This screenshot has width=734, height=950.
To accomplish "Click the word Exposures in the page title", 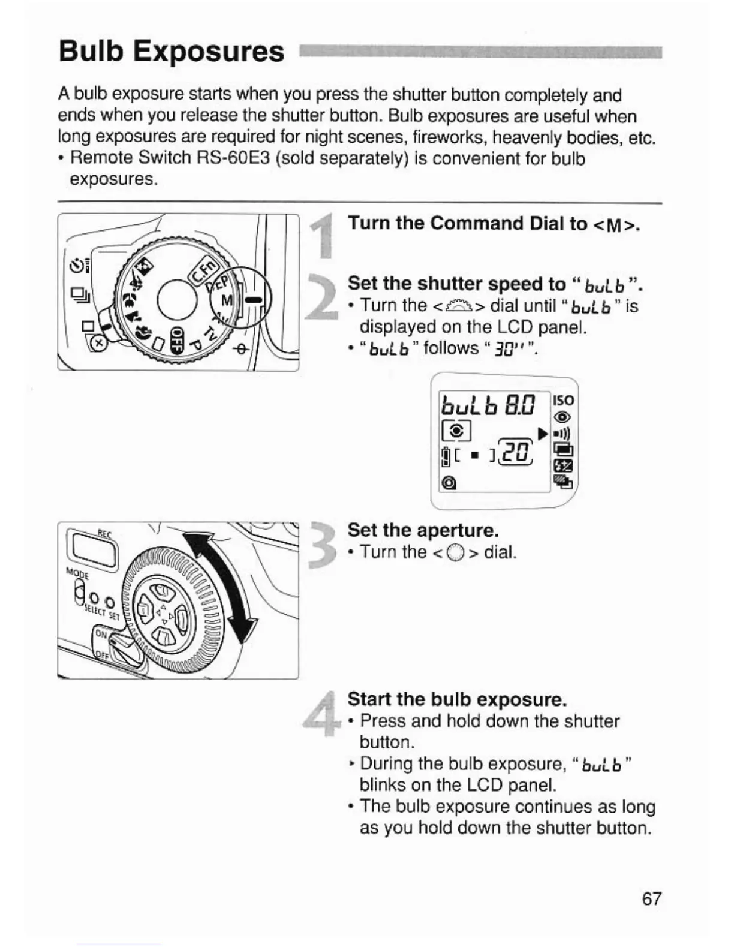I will [x=209, y=51].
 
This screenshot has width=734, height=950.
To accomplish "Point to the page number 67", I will [x=652, y=898].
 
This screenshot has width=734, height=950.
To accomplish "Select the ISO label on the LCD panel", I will [x=564, y=401].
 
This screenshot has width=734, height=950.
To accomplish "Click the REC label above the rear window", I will [x=104, y=533].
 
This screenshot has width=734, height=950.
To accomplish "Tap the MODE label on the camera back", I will [x=77, y=574].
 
